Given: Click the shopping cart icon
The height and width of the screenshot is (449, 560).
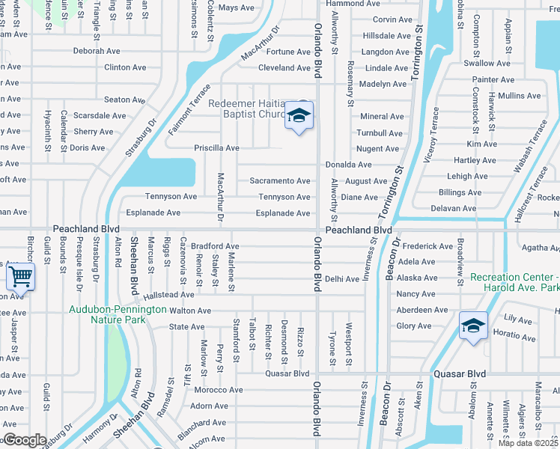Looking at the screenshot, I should coord(20,278).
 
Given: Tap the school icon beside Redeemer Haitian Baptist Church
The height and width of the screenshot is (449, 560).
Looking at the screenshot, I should coord(299,117).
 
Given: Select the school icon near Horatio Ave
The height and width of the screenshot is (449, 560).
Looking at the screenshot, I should coord(473,326).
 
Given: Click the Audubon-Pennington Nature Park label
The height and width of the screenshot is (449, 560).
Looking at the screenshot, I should coord(118,314).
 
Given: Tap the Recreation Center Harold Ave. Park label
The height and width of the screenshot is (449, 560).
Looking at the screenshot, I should coord(514,282).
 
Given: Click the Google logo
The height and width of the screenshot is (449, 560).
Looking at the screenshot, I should coord(24,440).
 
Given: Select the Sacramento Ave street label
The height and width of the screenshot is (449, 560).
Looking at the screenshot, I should coord(279,181).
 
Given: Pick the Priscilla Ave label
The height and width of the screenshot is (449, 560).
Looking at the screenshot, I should coord(216,148).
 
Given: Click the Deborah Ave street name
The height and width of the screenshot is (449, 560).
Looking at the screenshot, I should coord(97,52).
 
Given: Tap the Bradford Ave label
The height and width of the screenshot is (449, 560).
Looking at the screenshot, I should coord(215,246).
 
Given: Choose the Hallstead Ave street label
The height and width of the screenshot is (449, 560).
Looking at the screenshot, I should coord(169,295).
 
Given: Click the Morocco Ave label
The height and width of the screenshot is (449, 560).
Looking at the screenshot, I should coord(219,390).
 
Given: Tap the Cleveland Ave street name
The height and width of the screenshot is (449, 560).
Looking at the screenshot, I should coord(284,68).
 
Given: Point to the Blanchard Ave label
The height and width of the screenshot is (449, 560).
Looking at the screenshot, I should coord(201,424).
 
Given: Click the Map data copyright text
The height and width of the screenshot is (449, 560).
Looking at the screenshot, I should coord(529,443).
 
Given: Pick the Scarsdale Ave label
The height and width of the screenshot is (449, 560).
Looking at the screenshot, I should coord(100,116).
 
